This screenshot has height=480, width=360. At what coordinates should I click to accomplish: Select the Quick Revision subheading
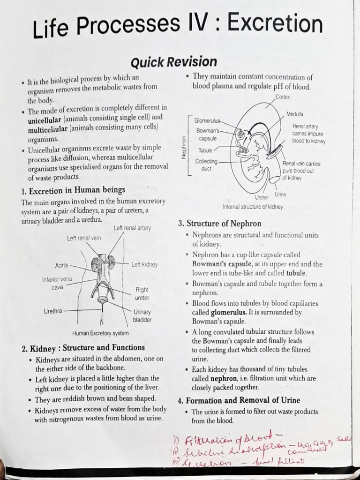click(x=173, y=62)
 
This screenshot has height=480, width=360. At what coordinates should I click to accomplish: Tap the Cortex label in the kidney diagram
click(x=283, y=97)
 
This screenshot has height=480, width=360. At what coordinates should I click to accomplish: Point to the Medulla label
click(x=295, y=114)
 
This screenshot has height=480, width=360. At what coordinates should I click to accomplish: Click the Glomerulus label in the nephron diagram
click(x=207, y=120)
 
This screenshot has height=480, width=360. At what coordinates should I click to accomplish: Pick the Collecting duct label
click(x=206, y=165)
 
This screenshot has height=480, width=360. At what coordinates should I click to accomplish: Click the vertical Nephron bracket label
click(x=184, y=147)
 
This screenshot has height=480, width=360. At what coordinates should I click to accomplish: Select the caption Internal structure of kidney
click(x=253, y=207)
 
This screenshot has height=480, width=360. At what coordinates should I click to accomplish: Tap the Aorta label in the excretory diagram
click(x=61, y=265)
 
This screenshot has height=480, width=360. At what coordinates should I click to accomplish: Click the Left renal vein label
click(x=84, y=238)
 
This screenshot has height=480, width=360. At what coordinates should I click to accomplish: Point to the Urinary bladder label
click(x=142, y=315)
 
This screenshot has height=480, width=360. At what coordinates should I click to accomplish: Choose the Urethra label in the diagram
click(x=52, y=310)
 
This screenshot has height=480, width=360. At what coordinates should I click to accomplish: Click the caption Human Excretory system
click(x=100, y=333)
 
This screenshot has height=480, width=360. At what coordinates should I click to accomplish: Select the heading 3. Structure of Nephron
click(x=219, y=224)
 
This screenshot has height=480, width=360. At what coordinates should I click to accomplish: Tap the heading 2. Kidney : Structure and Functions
click(x=83, y=348)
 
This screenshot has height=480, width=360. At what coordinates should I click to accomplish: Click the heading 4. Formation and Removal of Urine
click(x=239, y=400)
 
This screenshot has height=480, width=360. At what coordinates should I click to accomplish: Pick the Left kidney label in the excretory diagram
click(x=144, y=264)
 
